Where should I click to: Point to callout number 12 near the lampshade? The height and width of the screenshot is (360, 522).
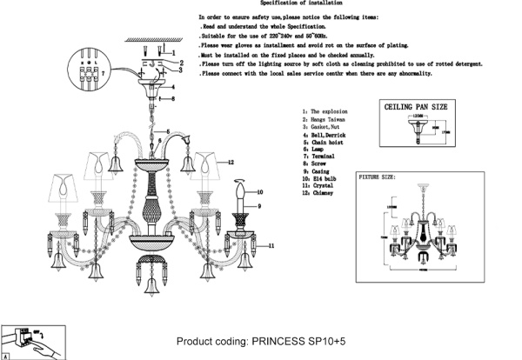tap(231, 163)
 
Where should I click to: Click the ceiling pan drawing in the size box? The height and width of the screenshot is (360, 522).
tap(416, 131)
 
